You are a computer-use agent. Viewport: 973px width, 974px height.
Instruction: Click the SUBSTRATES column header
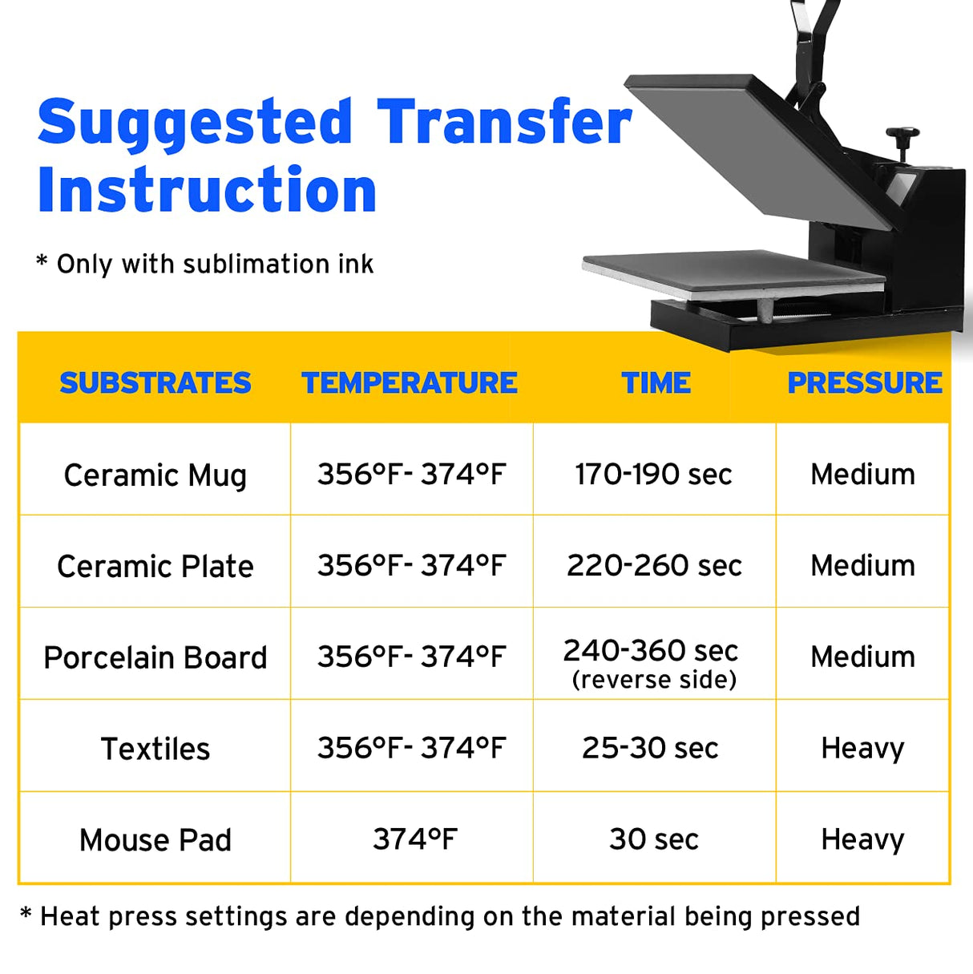[x=155, y=383]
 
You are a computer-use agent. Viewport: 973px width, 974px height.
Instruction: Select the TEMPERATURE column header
[x=410, y=383]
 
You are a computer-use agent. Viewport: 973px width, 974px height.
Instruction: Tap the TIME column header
[x=656, y=383]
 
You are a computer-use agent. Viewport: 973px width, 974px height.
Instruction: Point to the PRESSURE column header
[x=865, y=383]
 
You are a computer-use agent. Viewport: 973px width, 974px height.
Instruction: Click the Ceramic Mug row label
[x=155, y=475]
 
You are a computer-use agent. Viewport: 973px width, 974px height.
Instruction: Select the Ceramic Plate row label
[x=155, y=567]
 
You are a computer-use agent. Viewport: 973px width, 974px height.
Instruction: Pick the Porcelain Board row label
[x=155, y=658]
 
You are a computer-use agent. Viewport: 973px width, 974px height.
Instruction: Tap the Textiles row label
[x=155, y=750]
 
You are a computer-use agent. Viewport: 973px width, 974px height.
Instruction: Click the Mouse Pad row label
[x=155, y=841]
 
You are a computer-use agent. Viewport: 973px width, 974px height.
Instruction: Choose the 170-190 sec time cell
[x=653, y=475]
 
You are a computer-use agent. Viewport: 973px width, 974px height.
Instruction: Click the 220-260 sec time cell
[x=654, y=566]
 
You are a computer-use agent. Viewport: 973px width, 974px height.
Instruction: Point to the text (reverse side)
[x=654, y=680]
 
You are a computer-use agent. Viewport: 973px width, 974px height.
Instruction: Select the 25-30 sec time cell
[x=650, y=749]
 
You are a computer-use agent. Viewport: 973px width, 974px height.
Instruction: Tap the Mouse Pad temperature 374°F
[x=414, y=840]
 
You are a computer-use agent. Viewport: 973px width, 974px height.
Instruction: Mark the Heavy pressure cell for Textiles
[x=862, y=749]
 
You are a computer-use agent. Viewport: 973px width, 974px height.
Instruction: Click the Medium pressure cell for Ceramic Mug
[x=862, y=475]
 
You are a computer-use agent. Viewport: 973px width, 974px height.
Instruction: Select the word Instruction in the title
[x=207, y=191]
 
